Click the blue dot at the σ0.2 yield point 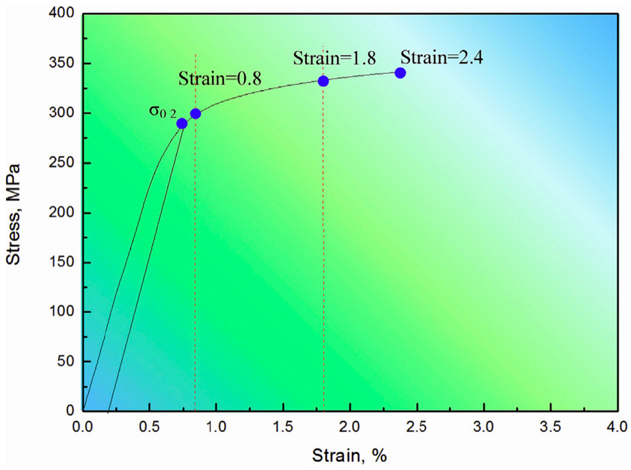click(182, 124)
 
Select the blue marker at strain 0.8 click(196, 114)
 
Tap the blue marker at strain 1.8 click(323, 81)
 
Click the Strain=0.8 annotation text click(220, 79)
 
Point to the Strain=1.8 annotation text click(334, 58)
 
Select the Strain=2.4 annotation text click(442, 58)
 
